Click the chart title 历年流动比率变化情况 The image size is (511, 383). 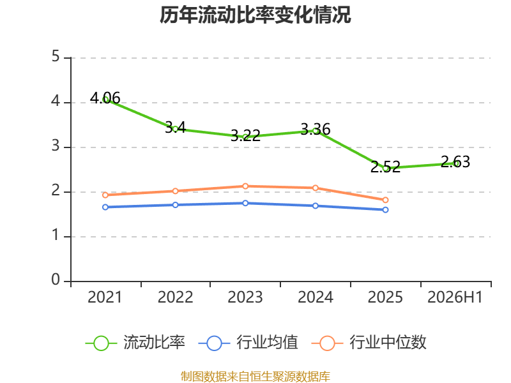255,15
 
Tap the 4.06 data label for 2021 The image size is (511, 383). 105,98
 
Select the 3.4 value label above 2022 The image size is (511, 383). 175,127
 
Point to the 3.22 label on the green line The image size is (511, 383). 245,135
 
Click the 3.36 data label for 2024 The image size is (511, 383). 316,129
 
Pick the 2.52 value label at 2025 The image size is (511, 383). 385,167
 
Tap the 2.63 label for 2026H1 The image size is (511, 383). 455,161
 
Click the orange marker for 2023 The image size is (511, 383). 245,186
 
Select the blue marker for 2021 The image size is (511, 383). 105,207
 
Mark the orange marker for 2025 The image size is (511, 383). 385,200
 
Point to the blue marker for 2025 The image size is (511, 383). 385,210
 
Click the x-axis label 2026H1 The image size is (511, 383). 455,297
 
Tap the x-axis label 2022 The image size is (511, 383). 175,297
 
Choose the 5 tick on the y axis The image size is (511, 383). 56,56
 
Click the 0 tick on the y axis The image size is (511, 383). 56,280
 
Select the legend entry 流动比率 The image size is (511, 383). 135,343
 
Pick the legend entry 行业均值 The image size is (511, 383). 248,343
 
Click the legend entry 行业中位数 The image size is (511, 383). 369,343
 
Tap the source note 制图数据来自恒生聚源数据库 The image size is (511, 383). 255,377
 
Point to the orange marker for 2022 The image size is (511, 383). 175,191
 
